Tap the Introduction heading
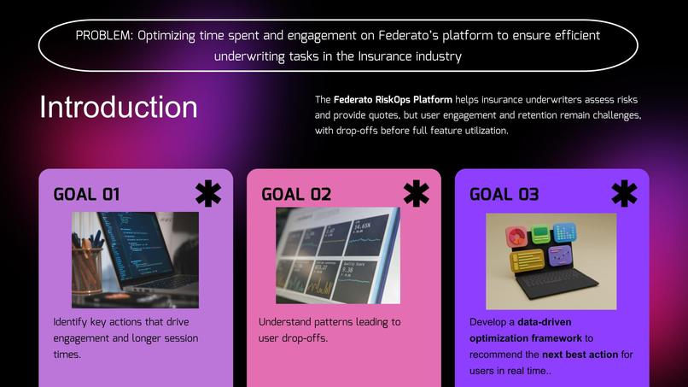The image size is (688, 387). click(118, 108)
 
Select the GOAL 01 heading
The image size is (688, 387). click(86, 194)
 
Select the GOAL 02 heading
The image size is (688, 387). click(295, 194)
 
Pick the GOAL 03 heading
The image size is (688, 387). click(504, 194)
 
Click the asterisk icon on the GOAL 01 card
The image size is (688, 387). click(207, 193)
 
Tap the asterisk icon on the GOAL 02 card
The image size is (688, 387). click(416, 193)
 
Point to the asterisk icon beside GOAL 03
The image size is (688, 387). click(624, 193)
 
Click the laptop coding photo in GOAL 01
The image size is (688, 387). click(135, 260)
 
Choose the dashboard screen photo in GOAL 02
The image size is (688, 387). click(337, 255)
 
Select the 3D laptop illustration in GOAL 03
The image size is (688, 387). click(551, 261)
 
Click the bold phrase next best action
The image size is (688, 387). click(580, 355)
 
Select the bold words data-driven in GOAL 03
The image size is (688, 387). click(547, 322)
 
